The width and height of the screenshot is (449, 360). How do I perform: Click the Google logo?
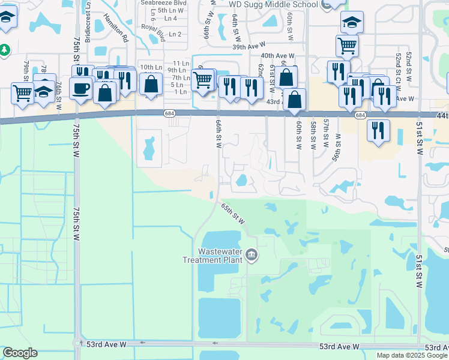[x=20, y=353]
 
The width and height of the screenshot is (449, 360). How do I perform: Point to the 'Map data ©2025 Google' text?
[x=412, y=355]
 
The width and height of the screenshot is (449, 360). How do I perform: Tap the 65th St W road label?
[x=233, y=213]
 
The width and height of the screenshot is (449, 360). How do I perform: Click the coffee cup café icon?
[x=80, y=88]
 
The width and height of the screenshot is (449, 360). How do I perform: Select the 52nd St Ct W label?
[x=398, y=66]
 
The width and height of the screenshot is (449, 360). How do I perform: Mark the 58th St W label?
[x=313, y=134]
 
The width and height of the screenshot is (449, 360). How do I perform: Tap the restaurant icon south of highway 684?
[x=378, y=130]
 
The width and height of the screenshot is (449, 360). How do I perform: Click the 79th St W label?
[x=26, y=71]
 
